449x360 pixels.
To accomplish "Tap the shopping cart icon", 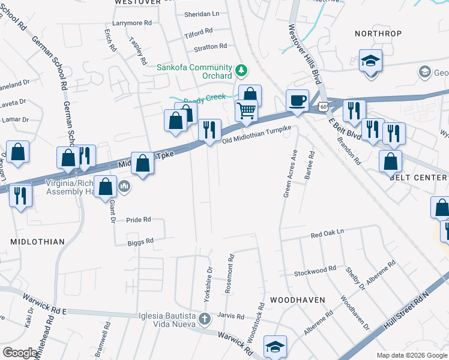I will [x=246, y=110].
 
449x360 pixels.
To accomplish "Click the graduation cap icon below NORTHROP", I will [x=370, y=61].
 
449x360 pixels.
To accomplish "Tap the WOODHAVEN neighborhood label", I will [x=297, y=299].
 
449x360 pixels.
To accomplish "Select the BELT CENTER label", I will [x=418, y=178].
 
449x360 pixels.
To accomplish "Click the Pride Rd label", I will [x=139, y=220].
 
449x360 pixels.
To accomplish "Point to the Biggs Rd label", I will [x=140, y=241].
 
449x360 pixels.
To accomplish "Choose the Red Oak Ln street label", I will [x=327, y=232].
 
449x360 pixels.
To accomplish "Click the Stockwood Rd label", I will [x=315, y=272].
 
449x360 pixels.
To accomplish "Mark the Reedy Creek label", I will [x=205, y=97].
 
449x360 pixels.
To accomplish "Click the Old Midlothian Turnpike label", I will [x=256, y=134].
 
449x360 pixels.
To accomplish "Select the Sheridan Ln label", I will [x=202, y=13].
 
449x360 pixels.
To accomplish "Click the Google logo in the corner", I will [x=21, y=353].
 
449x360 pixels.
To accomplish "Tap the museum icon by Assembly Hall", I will [x=125, y=186].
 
